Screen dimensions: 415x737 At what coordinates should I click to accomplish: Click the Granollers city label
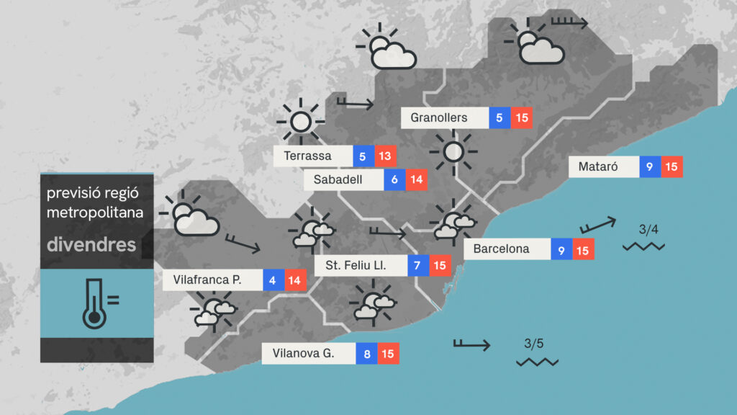(x=439, y=117)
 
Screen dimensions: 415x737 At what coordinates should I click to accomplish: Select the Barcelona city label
(x=502, y=249)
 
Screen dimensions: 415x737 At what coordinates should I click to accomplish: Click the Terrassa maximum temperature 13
(x=386, y=156)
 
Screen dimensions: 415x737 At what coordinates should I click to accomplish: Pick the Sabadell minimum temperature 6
(x=394, y=180)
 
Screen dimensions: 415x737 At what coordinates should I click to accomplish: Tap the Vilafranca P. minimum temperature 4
(x=273, y=280)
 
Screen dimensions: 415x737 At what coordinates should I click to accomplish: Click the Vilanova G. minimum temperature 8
(x=366, y=354)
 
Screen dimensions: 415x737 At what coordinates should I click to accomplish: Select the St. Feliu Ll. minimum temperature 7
(x=417, y=266)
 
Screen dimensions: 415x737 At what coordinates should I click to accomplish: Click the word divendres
(x=91, y=244)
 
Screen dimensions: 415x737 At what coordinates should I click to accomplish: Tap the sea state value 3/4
(x=648, y=230)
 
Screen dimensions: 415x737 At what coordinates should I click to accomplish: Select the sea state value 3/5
(x=535, y=343)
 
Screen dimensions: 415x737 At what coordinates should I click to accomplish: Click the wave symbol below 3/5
(x=537, y=361)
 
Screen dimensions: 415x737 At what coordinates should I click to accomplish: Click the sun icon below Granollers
(x=453, y=152)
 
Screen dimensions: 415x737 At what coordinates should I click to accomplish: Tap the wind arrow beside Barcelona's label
(x=597, y=225)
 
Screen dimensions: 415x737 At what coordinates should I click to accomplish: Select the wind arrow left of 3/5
(x=471, y=344)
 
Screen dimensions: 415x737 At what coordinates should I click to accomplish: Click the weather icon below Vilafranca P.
(x=213, y=310)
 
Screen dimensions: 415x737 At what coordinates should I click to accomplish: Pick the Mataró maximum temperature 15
(x=672, y=167)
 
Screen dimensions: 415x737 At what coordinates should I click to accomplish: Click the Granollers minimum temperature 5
(x=499, y=117)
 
